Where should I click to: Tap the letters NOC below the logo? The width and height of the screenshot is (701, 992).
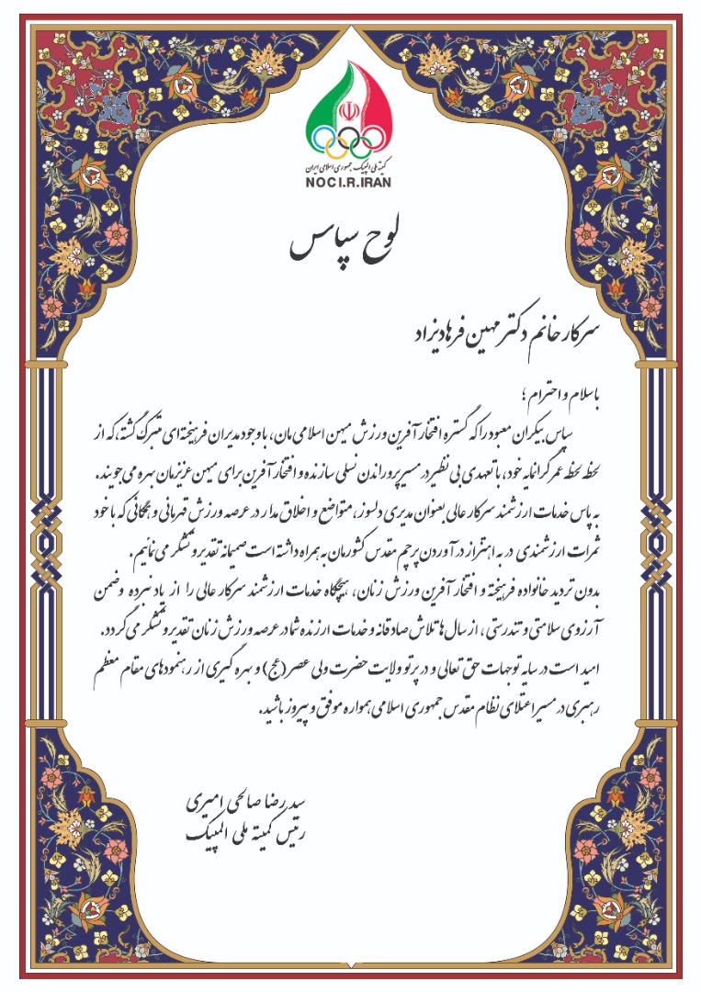(x=318, y=180)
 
